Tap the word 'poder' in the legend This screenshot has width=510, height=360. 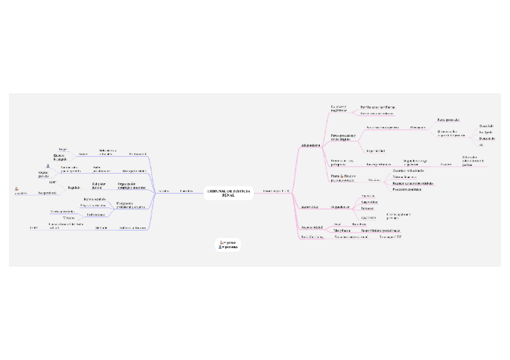pyautogui.click(x=230, y=242)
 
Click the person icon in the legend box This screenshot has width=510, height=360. pyautogui.click(x=222, y=246)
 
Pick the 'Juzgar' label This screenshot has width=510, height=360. pyautogui.click(x=62, y=148)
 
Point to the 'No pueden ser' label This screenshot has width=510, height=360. pyautogui.click(x=340, y=207)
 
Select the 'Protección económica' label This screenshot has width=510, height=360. pyautogui.click(x=407, y=189)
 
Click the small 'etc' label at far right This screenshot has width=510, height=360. pyautogui.click(x=481, y=145)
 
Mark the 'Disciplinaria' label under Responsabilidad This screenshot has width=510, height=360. pyautogui.click(x=342, y=231)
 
